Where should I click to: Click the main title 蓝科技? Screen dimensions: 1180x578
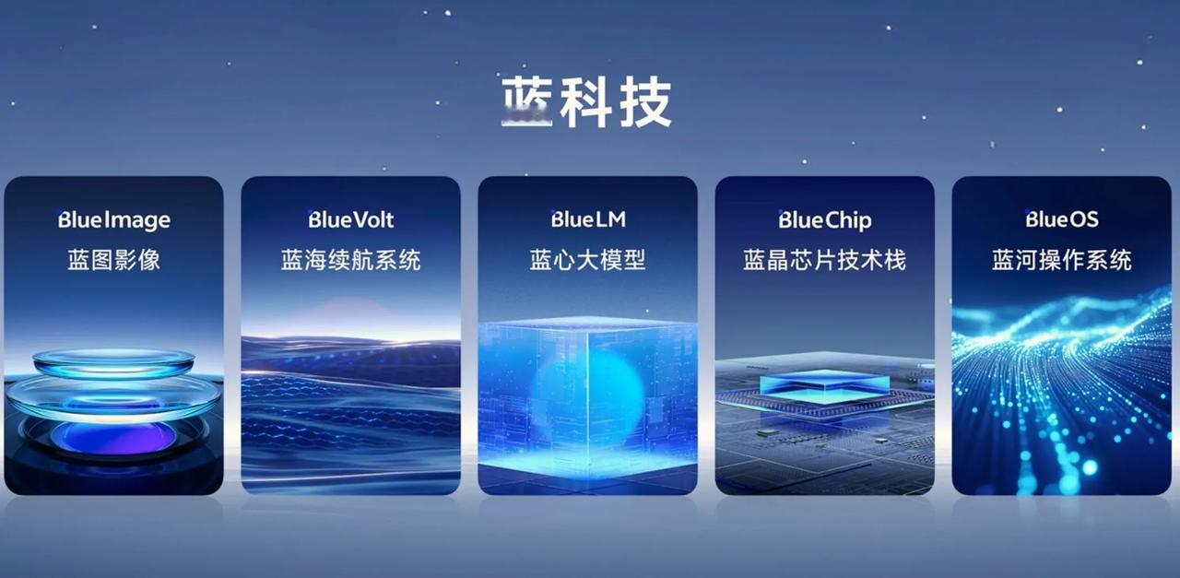pos(586,101)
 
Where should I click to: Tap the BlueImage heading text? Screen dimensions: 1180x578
pos(113,220)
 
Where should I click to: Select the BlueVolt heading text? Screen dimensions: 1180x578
pos(351,219)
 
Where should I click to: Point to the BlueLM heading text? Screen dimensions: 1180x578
pos(588,219)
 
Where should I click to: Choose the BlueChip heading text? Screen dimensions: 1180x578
pos(825,220)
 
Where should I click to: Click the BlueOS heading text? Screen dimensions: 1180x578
pos(1061,219)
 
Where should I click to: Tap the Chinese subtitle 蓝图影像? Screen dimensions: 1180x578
pos(113,260)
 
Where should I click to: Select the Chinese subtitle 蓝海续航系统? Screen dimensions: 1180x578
pos(351,260)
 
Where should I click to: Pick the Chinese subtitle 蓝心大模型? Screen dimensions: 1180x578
pos(588,260)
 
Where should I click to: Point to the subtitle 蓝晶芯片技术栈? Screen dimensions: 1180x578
pos(825,260)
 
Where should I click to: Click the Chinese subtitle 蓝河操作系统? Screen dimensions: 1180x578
pos(1061,260)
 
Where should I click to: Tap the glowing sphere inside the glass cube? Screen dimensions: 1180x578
pos(588,396)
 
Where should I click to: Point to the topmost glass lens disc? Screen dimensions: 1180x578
pos(113,362)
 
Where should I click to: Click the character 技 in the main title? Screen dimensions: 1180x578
pos(646,101)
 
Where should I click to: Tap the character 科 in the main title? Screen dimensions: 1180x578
pos(585,101)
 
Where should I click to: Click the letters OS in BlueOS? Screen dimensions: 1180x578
pos(1081,219)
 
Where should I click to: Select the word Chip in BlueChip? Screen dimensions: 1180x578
pos(848,220)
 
